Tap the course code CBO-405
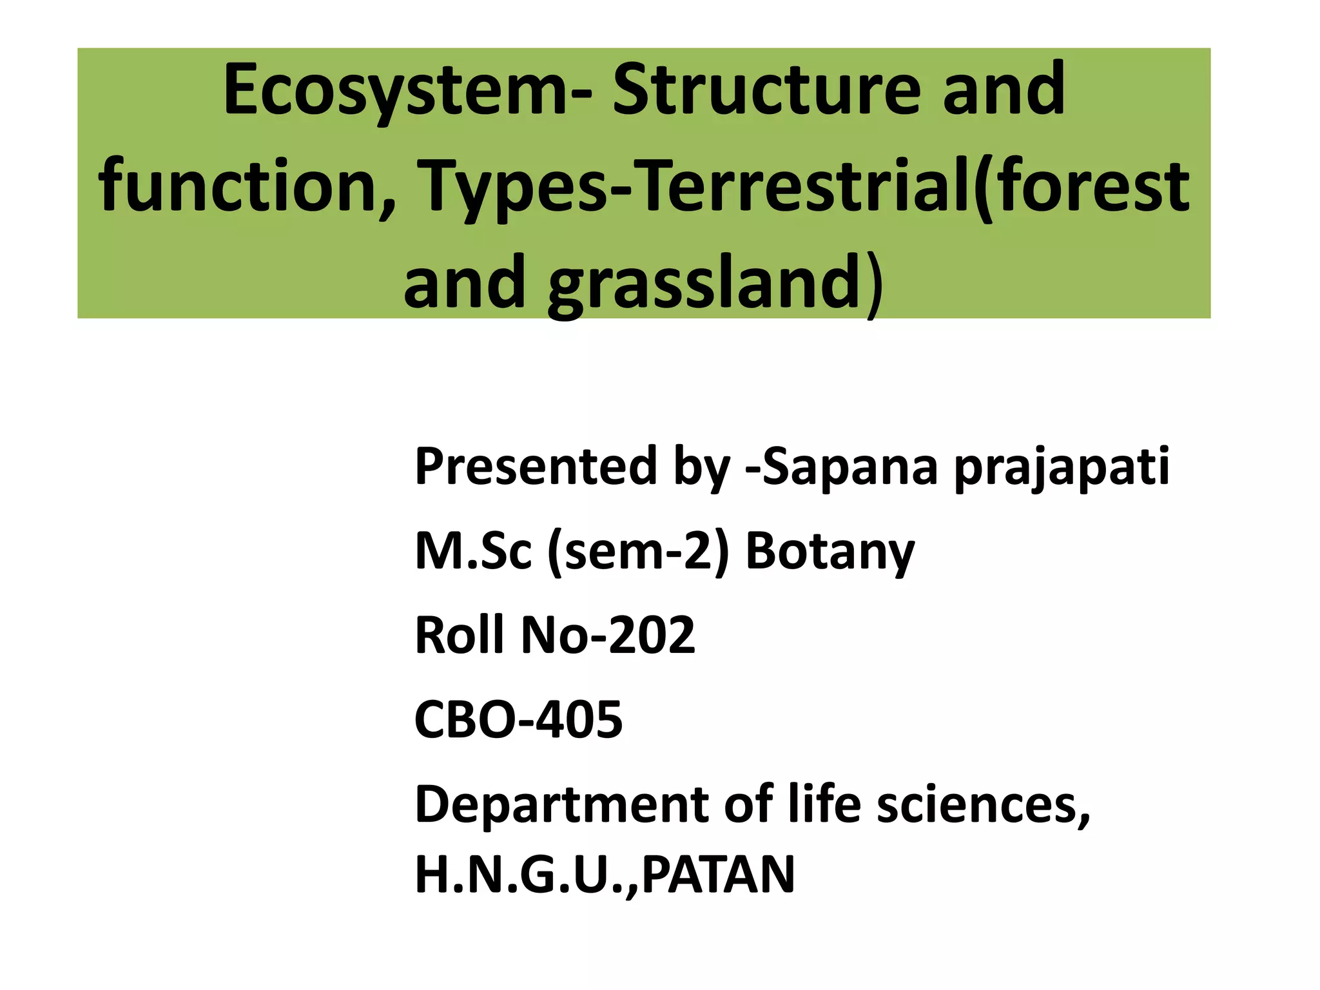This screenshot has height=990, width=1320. [x=518, y=720]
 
